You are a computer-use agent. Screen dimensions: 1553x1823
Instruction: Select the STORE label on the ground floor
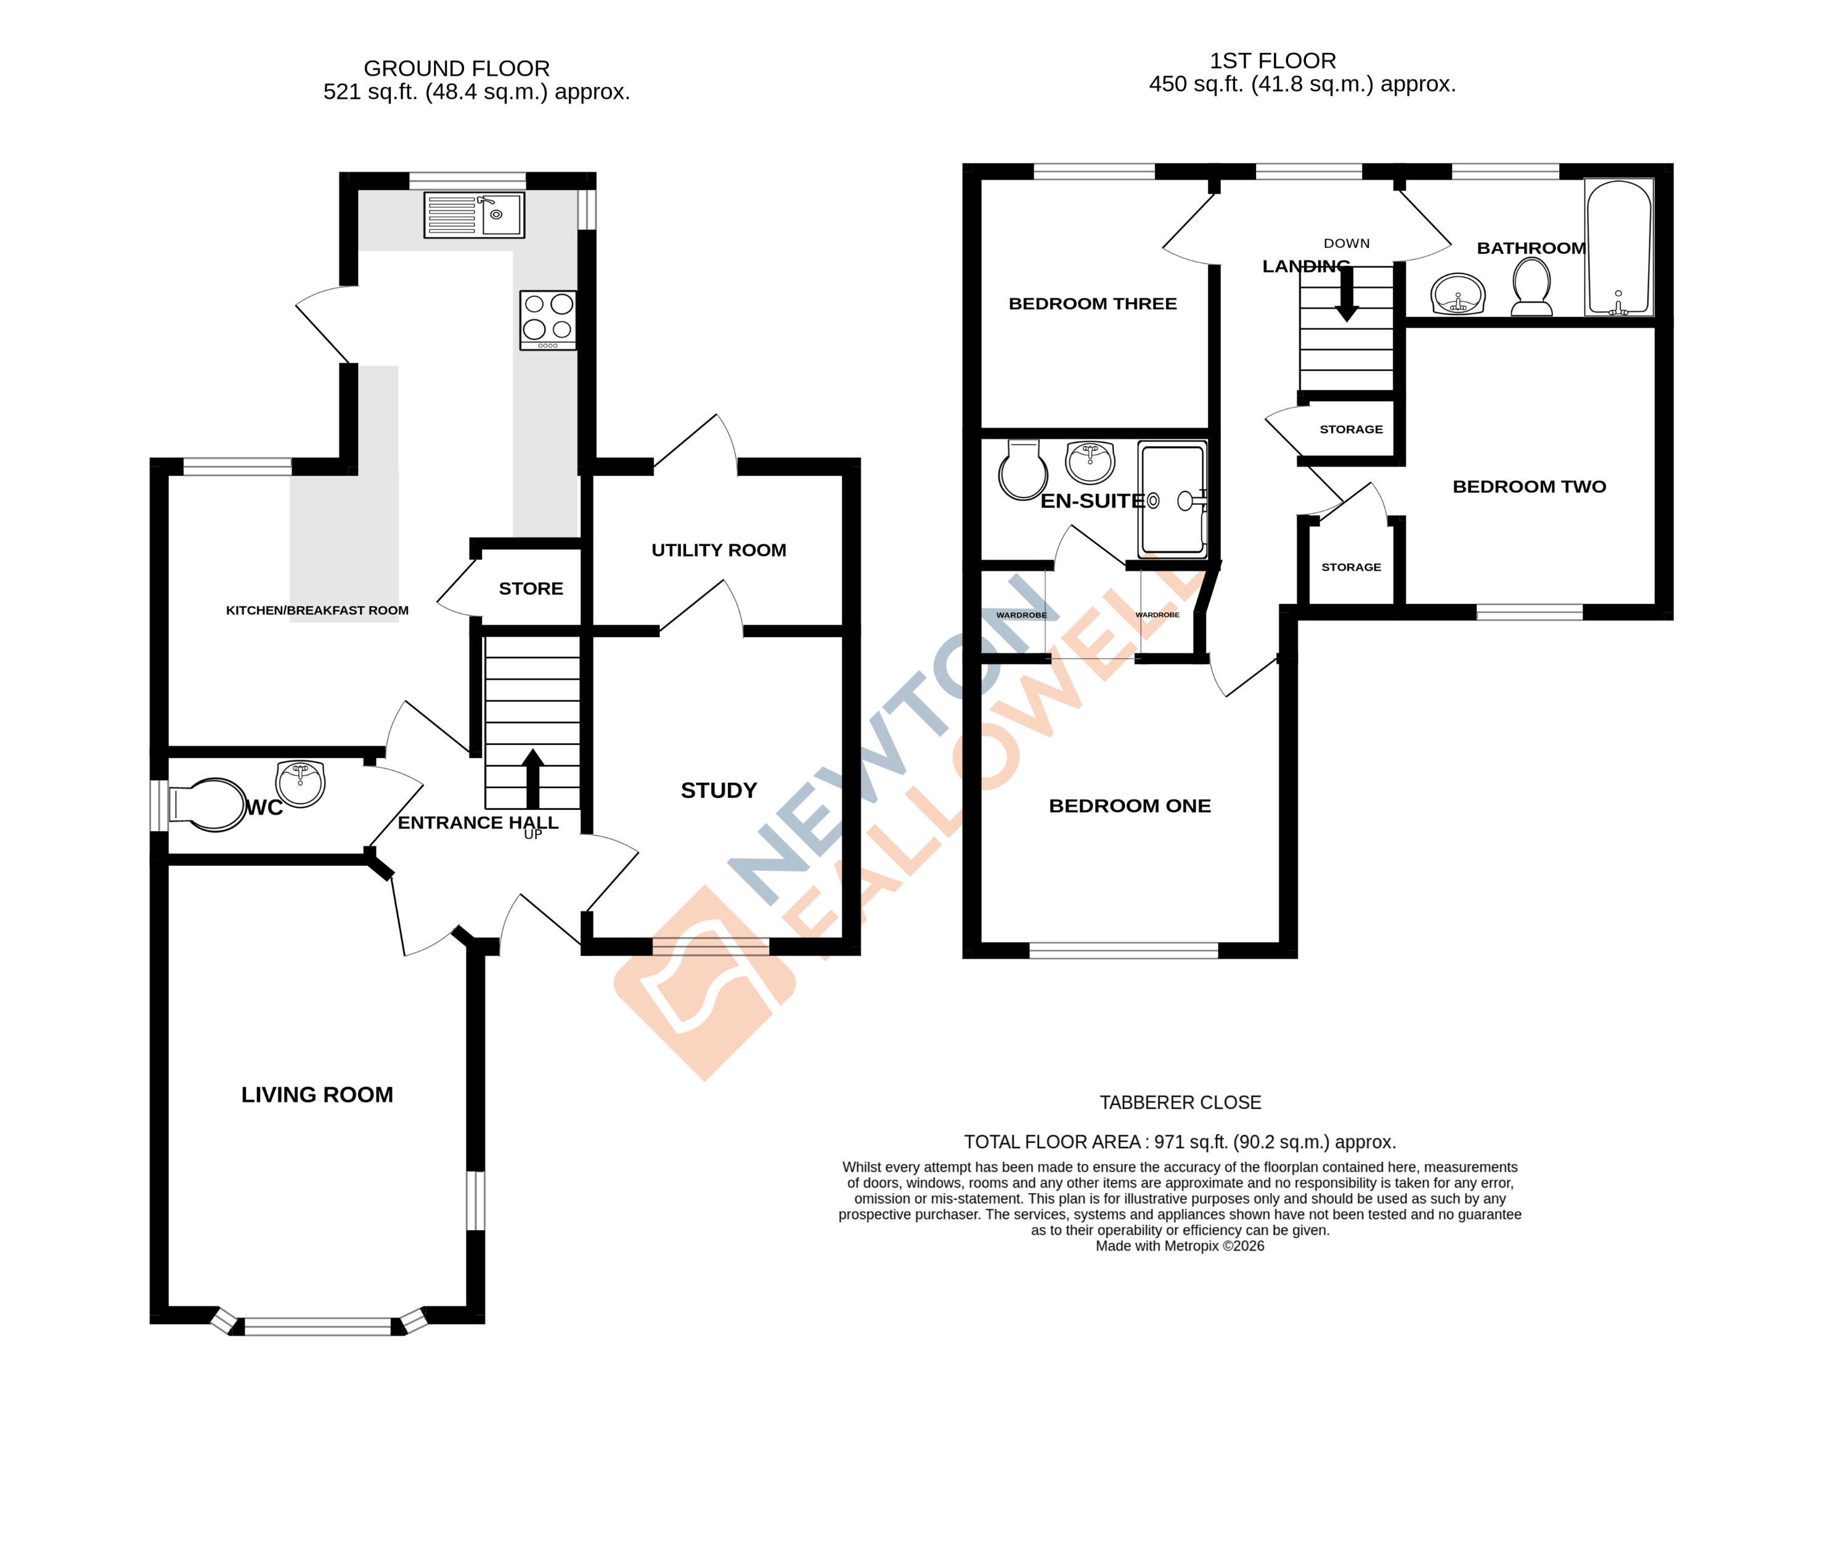[531, 589]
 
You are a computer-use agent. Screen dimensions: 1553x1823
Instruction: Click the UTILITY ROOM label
[718, 550]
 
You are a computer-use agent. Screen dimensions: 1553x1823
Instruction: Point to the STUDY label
[718, 790]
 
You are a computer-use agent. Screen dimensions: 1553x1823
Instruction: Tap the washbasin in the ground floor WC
[300, 783]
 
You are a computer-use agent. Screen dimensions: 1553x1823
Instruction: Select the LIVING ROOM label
[317, 1094]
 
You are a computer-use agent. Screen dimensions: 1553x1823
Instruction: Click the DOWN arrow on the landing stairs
[1346, 294]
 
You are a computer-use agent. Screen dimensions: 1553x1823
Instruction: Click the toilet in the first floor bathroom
[1531, 287]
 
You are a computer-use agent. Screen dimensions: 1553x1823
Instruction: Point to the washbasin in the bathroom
[1458, 293]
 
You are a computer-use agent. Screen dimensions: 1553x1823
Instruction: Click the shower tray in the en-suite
[1172, 500]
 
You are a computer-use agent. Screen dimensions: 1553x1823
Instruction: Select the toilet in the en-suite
[1022, 471]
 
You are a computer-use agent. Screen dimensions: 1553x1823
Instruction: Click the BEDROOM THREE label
[1092, 304]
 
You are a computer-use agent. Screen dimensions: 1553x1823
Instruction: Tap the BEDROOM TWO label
[1528, 487]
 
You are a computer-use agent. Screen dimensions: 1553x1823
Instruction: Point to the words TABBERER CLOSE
[1180, 1103]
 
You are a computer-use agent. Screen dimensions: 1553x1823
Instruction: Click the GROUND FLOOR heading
[456, 68]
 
